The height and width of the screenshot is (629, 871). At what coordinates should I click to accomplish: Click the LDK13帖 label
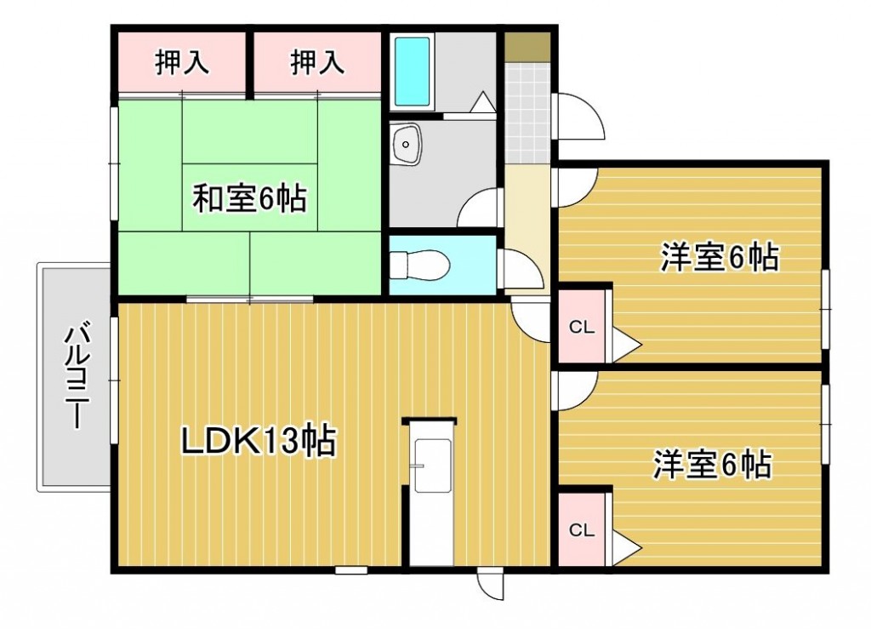(259, 441)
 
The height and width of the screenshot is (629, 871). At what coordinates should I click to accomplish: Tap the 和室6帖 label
(249, 198)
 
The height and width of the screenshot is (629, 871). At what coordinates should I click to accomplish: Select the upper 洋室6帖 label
(720, 257)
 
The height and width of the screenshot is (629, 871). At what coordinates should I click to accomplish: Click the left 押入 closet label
(182, 61)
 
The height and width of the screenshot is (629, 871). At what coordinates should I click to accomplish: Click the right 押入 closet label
(317, 61)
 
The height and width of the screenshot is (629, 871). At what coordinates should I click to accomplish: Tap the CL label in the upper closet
(582, 327)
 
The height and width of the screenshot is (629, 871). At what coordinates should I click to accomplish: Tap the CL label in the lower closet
(582, 530)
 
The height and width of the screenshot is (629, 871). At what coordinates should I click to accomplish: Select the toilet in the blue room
(419, 265)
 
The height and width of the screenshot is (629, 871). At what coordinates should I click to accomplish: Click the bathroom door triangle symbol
(482, 102)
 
